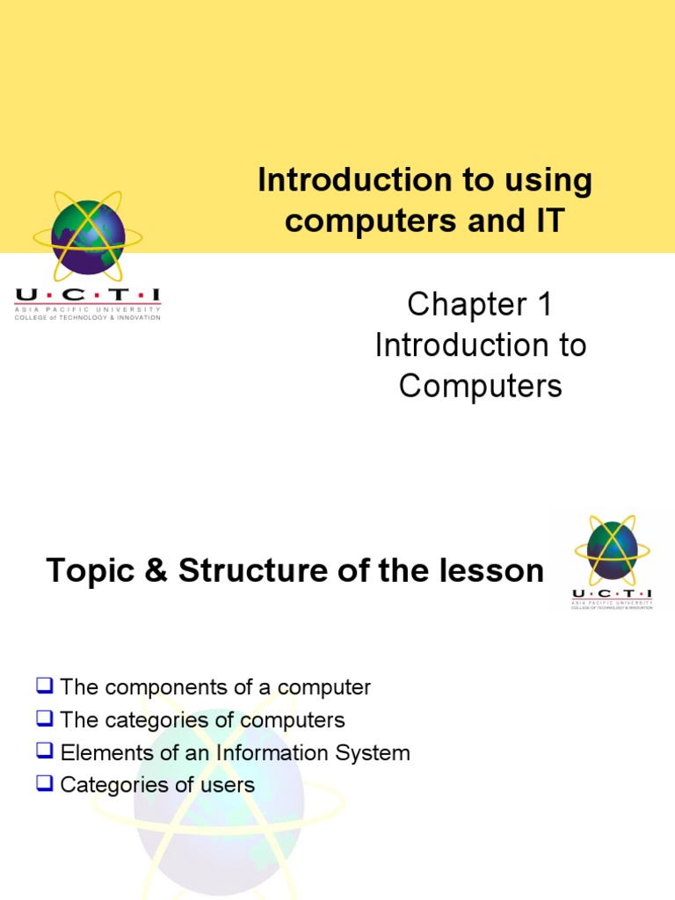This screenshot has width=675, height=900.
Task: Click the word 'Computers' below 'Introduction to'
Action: coord(480,385)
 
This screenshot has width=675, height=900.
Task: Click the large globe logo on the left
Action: coord(88,236)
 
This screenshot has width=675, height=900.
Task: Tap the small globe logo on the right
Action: coord(612,551)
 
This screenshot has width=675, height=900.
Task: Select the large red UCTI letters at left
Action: coord(88,296)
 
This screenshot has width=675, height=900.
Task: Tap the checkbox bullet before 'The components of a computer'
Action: coord(45,686)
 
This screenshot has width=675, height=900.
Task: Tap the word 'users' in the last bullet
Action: coord(230,785)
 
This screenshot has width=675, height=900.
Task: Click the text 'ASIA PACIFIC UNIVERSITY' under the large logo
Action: coord(88,309)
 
